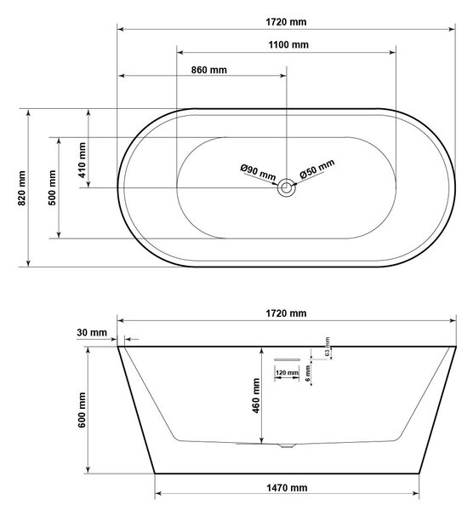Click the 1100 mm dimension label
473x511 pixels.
[288, 44]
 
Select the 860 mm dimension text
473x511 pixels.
[209, 70]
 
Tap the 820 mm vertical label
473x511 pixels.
[21, 188]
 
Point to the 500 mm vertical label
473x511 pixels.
[52, 187]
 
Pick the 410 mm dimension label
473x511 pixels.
[82, 160]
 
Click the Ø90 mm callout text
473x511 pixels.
[258, 172]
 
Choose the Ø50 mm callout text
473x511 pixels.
[317, 169]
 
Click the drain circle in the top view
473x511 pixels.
[287, 187]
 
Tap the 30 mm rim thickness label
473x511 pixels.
[92, 332]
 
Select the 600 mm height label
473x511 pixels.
[82, 410]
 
